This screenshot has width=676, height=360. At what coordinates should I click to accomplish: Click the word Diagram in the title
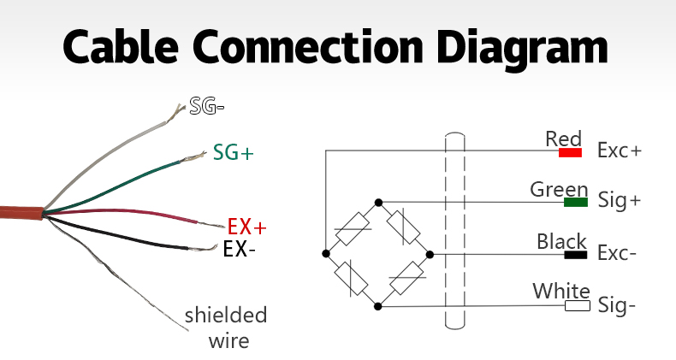(x=522, y=48)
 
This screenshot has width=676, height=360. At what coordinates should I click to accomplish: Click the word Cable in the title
(x=121, y=45)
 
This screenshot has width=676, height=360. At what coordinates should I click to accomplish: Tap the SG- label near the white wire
(x=207, y=105)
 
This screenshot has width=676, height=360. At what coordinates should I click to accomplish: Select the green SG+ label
(x=234, y=152)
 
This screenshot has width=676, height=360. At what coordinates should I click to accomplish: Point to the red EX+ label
(x=247, y=227)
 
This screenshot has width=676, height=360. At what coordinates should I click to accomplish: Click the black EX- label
(x=240, y=249)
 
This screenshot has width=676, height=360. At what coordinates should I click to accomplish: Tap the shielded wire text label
(x=226, y=328)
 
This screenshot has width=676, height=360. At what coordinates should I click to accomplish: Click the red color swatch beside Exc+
(x=570, y=152)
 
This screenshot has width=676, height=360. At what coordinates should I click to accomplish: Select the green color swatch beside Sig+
(x=576, y=202)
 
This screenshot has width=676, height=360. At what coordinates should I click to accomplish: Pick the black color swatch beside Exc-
(x=576, y=255)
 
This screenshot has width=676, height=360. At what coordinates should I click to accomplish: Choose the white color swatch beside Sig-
(x=578, y=306)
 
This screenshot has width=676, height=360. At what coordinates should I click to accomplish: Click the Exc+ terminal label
(x=620, y=150)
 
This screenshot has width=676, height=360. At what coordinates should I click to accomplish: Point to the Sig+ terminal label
(x=620, y=201)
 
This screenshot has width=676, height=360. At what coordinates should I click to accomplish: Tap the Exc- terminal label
(x=617, y=253)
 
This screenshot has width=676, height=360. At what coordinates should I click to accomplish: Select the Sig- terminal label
(x=617, y=306)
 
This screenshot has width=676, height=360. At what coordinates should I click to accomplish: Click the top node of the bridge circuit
(x=378, y=203)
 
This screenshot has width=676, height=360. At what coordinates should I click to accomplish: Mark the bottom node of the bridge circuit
(x=377, y=307)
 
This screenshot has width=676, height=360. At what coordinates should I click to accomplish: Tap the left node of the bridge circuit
(x=326, y=254)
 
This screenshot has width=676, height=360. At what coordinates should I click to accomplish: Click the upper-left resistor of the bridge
(x=353, y=228)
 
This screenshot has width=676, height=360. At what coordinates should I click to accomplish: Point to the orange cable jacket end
(x=21, y=213)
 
